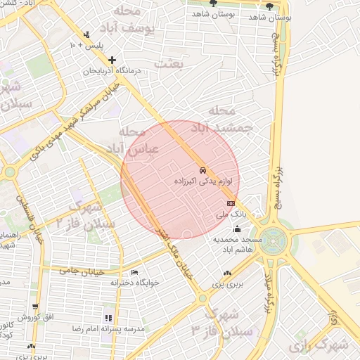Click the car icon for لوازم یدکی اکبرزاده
(x=202, y=171)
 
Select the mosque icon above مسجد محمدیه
(x=237, y=229)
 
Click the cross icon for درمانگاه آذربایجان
(x=112, y=60)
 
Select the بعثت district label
(x=171, y=64)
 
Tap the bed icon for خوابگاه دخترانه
(x=134, y=272)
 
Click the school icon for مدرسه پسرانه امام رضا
(x=108, y=318)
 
